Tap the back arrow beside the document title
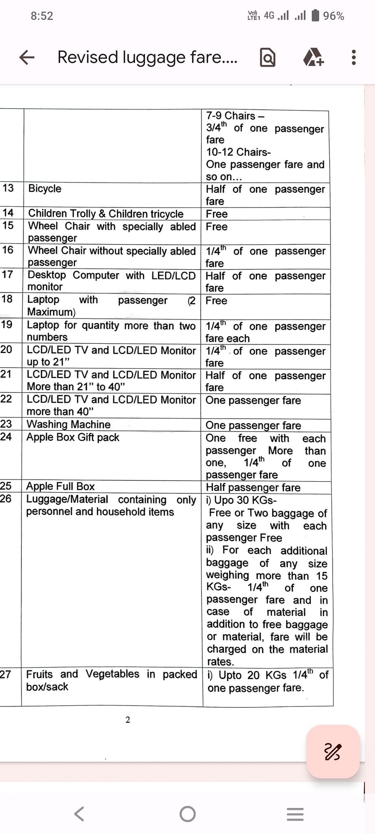point(27,57)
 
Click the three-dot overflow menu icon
point(353,57)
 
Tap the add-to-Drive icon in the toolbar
point(313,57)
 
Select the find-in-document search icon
point(268,57)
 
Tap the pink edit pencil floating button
point(333,752)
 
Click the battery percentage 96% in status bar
point(334,16)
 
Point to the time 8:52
point(42,16)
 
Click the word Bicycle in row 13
point(45,189)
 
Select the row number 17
point(7,274)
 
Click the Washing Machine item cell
point(68,424)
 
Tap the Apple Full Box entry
point(60,486)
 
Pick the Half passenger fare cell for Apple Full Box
point(253,487)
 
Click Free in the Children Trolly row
point(217,214)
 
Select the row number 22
point(6,399)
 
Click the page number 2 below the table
point(128,720)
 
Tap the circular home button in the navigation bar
point(187,814)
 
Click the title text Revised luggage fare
point(147,57)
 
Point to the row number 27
point(6,674)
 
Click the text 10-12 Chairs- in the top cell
point(238,152)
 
